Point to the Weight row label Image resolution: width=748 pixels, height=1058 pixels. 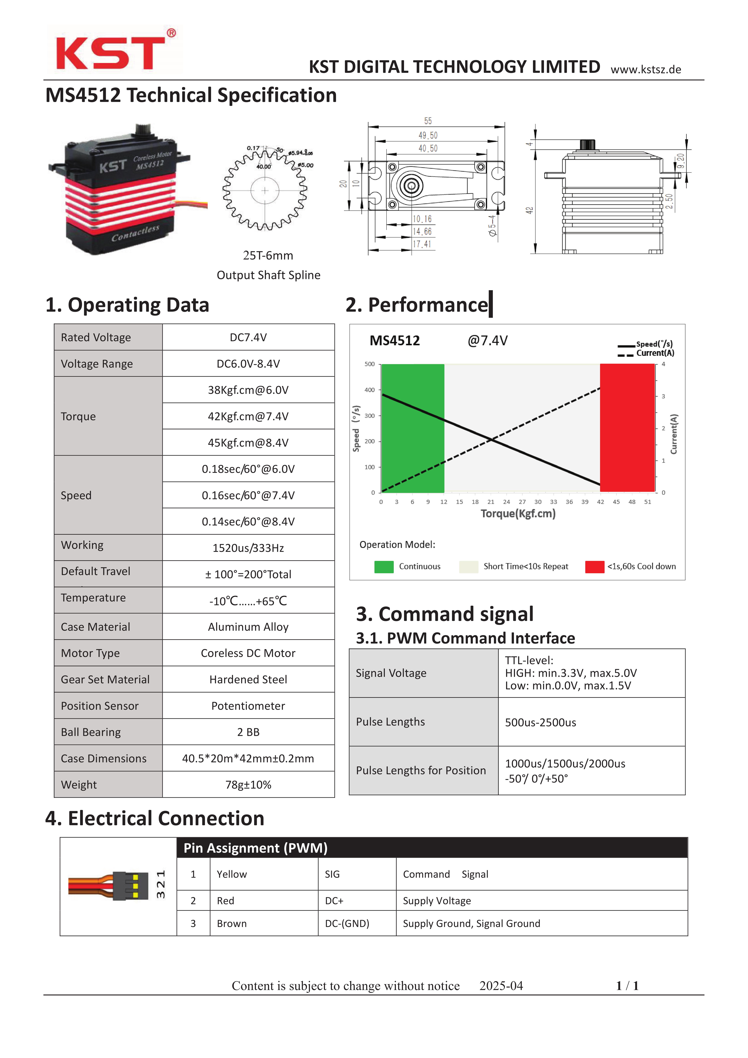(79, 785)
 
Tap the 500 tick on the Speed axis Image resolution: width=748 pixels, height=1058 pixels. (370, 364)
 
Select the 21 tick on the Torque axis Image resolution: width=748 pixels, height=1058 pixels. (491, 502)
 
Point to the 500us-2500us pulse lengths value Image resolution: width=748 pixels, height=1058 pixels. (540, 722)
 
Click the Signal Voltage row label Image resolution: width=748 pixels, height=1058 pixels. (391, 673)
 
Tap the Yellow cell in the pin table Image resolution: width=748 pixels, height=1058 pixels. (232, 874)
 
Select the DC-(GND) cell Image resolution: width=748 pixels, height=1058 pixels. (347, 924)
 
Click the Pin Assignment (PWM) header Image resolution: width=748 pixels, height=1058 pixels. (255, 848)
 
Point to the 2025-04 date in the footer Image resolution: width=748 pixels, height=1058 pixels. (501, 986)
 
